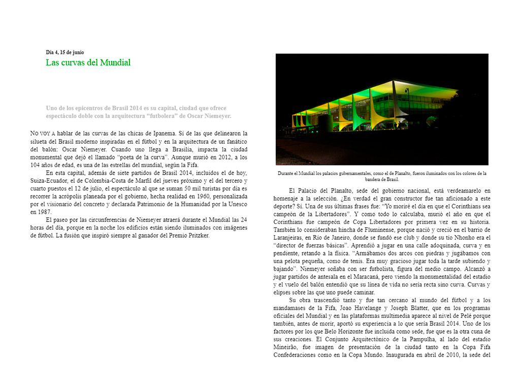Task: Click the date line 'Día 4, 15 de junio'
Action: pyautogui.click(x=65, y=52)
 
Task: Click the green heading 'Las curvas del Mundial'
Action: pyautogui.click(x=88, y=62)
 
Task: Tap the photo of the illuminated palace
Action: pyautogui.click(x=382, y=109)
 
